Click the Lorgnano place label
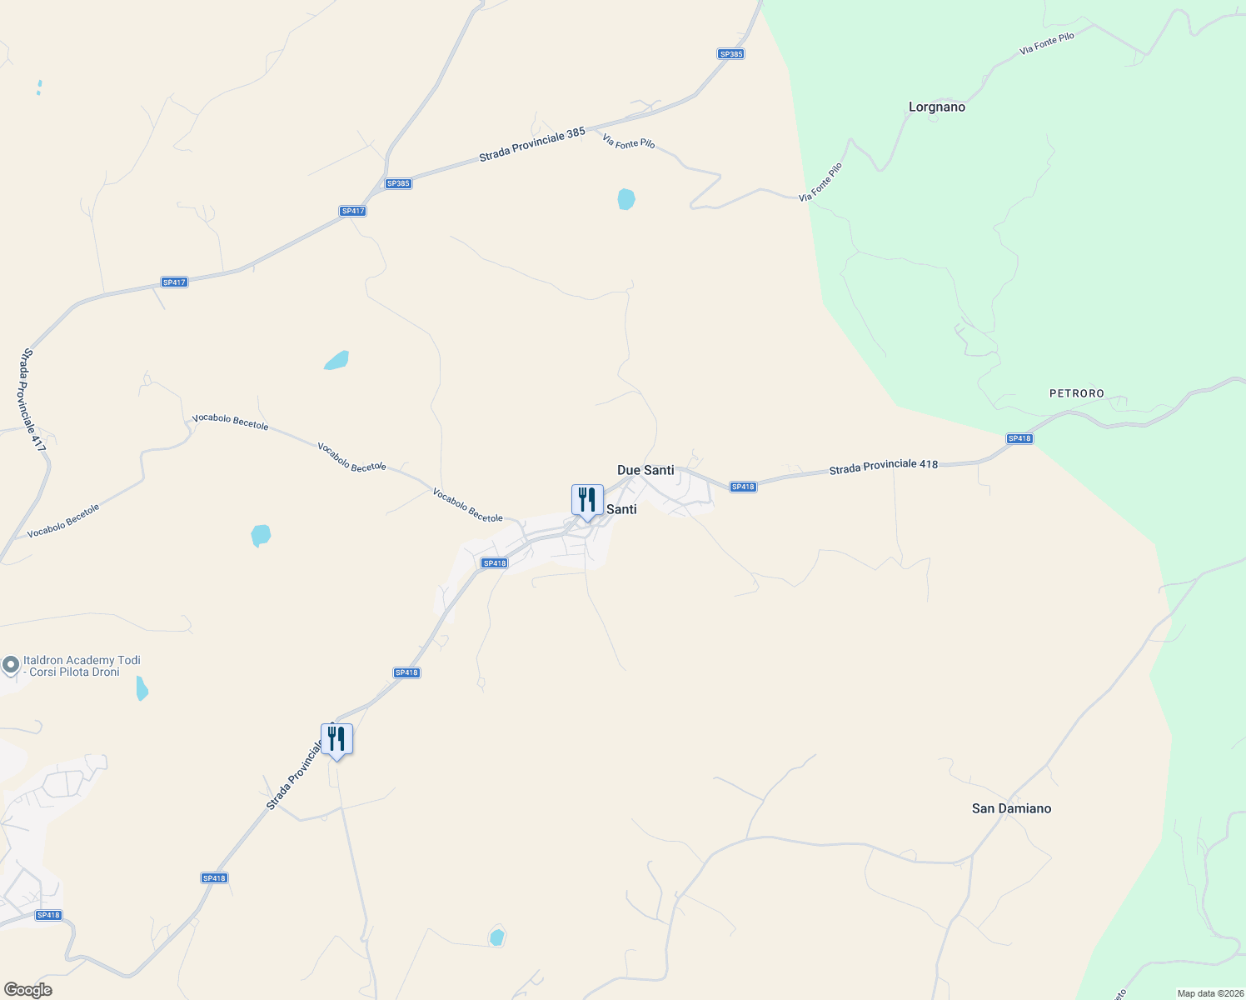click(x=936, y=107)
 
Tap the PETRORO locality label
click(x=1076, y=393)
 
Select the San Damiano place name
click(x=1011, y=808)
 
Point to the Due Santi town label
click(x=645, y=470)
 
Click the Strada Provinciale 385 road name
click(x=531, y=144)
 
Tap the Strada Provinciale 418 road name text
click(x=884, y=467)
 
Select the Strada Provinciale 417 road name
click(x=34, y=400)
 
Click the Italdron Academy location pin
click(x=11, y=665)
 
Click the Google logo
click(x=28, y=990)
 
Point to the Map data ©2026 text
click(x=1209, y=993)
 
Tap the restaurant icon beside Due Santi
click(x=587, y=501)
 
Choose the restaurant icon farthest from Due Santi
click(x=336, y=739)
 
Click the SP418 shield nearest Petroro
click(x=1019, y=438)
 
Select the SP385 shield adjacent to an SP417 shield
click(x=398, y=183)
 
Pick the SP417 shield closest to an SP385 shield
click(x=353, y=211)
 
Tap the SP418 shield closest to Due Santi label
click(x=742, y=487)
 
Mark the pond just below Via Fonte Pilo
click(x=626, y=199)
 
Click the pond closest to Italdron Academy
click(x=142, y=688)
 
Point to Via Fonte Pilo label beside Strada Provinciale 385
click(x=629, y=142)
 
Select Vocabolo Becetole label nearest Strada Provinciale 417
click(x=63, y=521)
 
